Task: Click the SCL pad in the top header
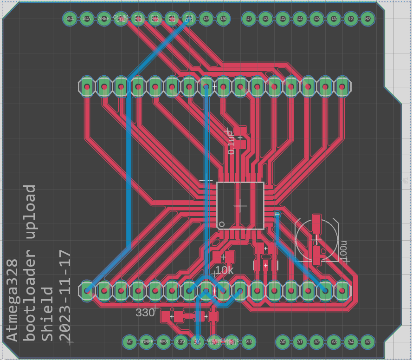[x=70, y=19]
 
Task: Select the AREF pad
[x=103, y=19]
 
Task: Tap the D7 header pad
[x=249, y=19]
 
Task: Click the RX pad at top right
[x=367, y=19]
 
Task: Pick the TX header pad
[x=351, y=19]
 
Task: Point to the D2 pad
[x=334, y=19]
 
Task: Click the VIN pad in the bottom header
[x=249, y=342]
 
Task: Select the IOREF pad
[x=147, y=342]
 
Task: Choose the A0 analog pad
[x=283, y=342]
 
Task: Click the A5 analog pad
[x=368, y=342]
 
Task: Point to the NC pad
[x=129, y=342]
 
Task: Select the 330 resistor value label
[x=145, y=313]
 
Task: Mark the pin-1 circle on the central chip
[x=222, y=224]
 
